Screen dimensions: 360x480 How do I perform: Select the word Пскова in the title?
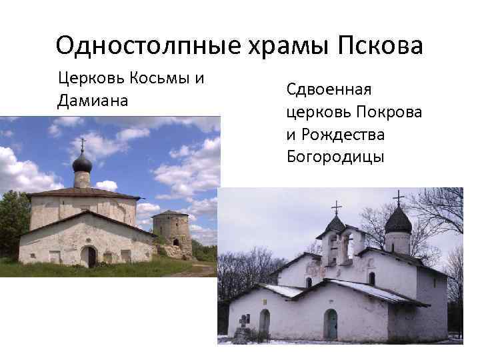[380, 47]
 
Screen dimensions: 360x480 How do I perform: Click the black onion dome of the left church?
[82, 163]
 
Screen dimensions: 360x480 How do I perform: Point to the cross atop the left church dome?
[82, 144]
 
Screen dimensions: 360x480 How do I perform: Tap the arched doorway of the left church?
[88, 257]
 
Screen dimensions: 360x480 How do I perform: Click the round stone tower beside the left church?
[172, 231]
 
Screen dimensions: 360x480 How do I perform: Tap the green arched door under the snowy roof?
[331, 325]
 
